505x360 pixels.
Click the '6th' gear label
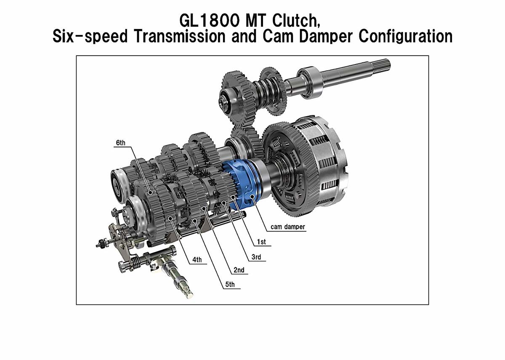121,143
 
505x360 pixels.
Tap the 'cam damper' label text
288,227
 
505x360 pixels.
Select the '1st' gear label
261,242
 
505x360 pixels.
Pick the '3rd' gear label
256,257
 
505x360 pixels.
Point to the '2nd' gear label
239,270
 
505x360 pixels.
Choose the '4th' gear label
197,260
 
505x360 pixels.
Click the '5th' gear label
230,285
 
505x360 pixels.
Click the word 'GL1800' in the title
210,21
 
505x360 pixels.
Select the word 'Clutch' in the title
296,21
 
